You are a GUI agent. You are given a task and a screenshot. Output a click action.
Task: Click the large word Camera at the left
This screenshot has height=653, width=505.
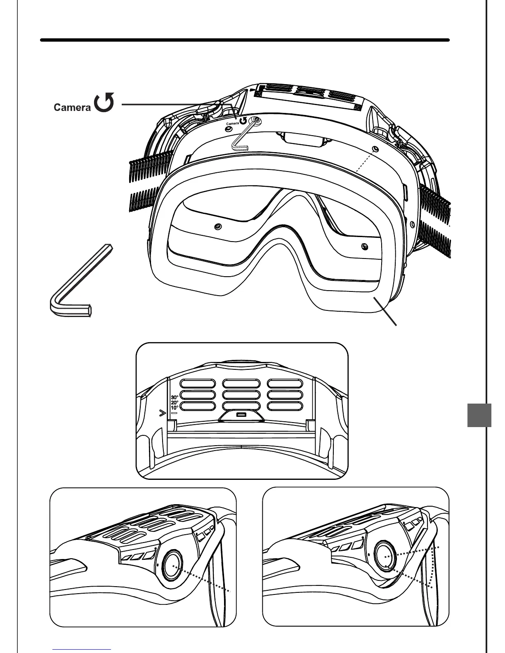72,108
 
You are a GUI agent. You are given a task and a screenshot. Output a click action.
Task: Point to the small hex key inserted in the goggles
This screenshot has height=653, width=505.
243,136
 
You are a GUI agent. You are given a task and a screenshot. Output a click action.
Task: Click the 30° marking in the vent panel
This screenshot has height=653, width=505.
175,398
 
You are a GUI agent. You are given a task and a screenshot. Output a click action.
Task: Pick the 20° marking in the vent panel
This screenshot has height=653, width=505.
175,403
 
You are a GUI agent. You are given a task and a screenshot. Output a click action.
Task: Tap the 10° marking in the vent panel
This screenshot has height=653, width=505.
175,408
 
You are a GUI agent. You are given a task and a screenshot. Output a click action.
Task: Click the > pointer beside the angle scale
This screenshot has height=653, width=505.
163,413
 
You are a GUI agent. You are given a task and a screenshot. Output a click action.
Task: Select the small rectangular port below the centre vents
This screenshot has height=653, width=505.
241,414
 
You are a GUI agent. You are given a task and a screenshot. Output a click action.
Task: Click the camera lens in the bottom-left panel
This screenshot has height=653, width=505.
173,564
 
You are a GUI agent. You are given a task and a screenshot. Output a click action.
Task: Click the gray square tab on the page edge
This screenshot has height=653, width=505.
479,415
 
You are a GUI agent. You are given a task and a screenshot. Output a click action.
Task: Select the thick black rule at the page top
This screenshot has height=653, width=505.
245,40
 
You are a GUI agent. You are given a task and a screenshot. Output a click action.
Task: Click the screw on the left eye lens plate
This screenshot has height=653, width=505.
218,226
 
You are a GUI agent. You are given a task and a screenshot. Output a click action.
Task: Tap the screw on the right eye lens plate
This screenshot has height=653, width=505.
363,246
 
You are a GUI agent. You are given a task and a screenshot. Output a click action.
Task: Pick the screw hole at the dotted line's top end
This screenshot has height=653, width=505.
374,148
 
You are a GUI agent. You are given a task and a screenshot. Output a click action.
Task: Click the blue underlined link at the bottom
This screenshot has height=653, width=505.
82,649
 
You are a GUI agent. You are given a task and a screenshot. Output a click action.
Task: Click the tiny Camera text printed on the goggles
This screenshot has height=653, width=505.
232,123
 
